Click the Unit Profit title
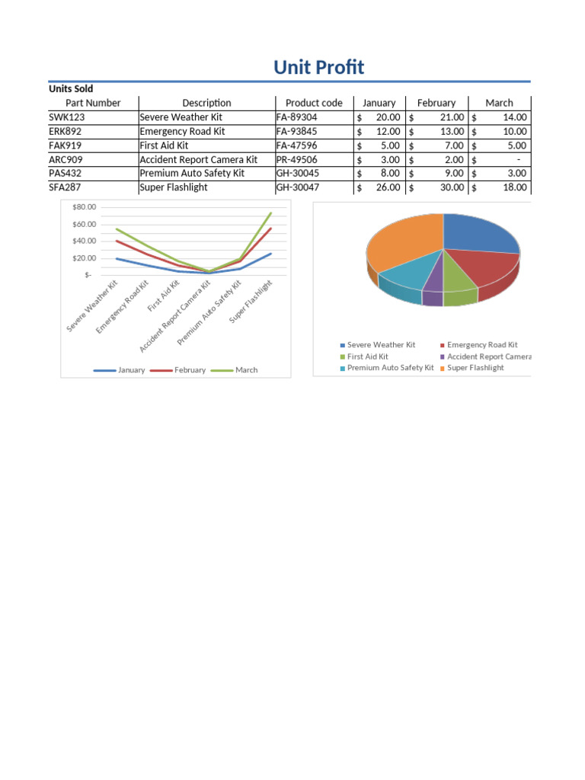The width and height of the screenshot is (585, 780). (x=318, y=68)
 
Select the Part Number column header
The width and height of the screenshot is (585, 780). (x=93, y=103)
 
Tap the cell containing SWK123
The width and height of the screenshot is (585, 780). (x=65, y=117)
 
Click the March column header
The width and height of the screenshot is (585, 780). (x=499, y=103)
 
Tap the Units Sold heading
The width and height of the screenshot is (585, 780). (x=71, y=89)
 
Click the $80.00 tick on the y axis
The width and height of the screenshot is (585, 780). (x=85, y=207)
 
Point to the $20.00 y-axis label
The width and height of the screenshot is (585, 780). (x=85, y=258)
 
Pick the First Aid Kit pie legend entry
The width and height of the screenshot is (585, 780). (x=367, y=356)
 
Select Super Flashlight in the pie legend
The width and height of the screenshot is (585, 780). (x=475, y=368)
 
